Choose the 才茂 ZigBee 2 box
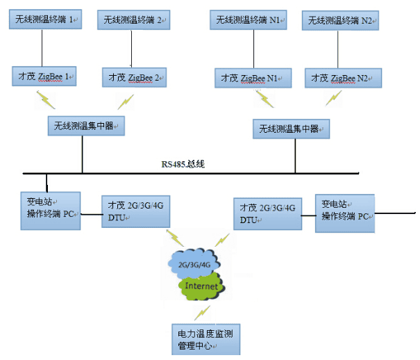[x=134, y=76]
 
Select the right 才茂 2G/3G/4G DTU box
[x=267, y=213]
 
